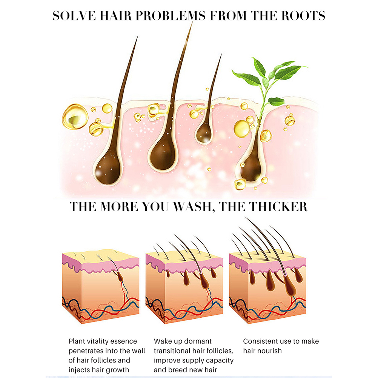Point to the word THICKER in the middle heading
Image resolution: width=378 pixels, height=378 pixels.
click(278, 207)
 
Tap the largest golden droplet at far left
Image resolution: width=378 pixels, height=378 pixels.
click(75, 117)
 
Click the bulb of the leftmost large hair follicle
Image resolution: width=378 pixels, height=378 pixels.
click(108, 170)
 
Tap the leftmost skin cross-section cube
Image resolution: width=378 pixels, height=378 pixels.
click(101, 287)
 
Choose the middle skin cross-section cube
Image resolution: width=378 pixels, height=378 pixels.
click(184, 287)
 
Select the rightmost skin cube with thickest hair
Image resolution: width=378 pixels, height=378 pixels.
click(267, 287)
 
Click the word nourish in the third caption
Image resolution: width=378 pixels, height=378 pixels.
click(270, 351)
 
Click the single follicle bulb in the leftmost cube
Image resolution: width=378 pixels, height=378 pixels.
click(120, 278)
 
